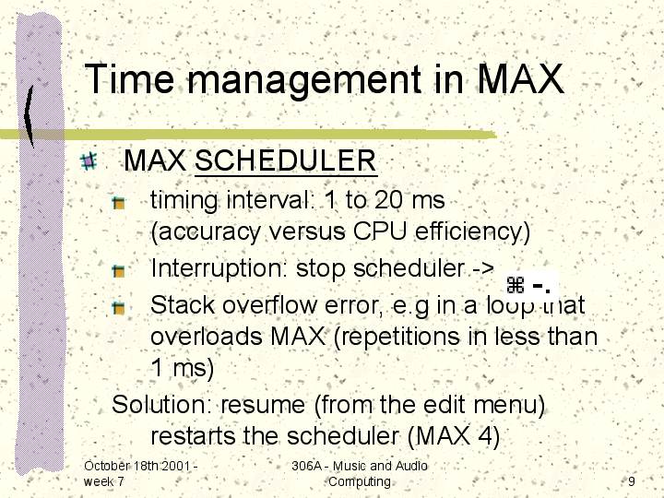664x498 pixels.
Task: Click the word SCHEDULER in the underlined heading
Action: pos(285,160)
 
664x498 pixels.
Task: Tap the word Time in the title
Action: pos(129,78)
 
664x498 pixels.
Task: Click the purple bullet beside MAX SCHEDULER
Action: pos(89,161)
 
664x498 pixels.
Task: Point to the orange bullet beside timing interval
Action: pos(119,203)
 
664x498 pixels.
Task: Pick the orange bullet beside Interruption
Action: pos(119,270)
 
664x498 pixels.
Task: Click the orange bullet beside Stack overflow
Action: pos(119,307)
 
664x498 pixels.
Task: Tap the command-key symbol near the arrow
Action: pos(516,285)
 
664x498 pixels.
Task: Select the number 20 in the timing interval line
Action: pos(388,199)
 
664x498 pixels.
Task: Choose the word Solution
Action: pos(161,404)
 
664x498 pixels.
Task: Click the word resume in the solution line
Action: pos(263,405)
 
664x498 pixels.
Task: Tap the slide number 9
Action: pos(632,481)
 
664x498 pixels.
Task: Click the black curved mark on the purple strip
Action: pos(29,115)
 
